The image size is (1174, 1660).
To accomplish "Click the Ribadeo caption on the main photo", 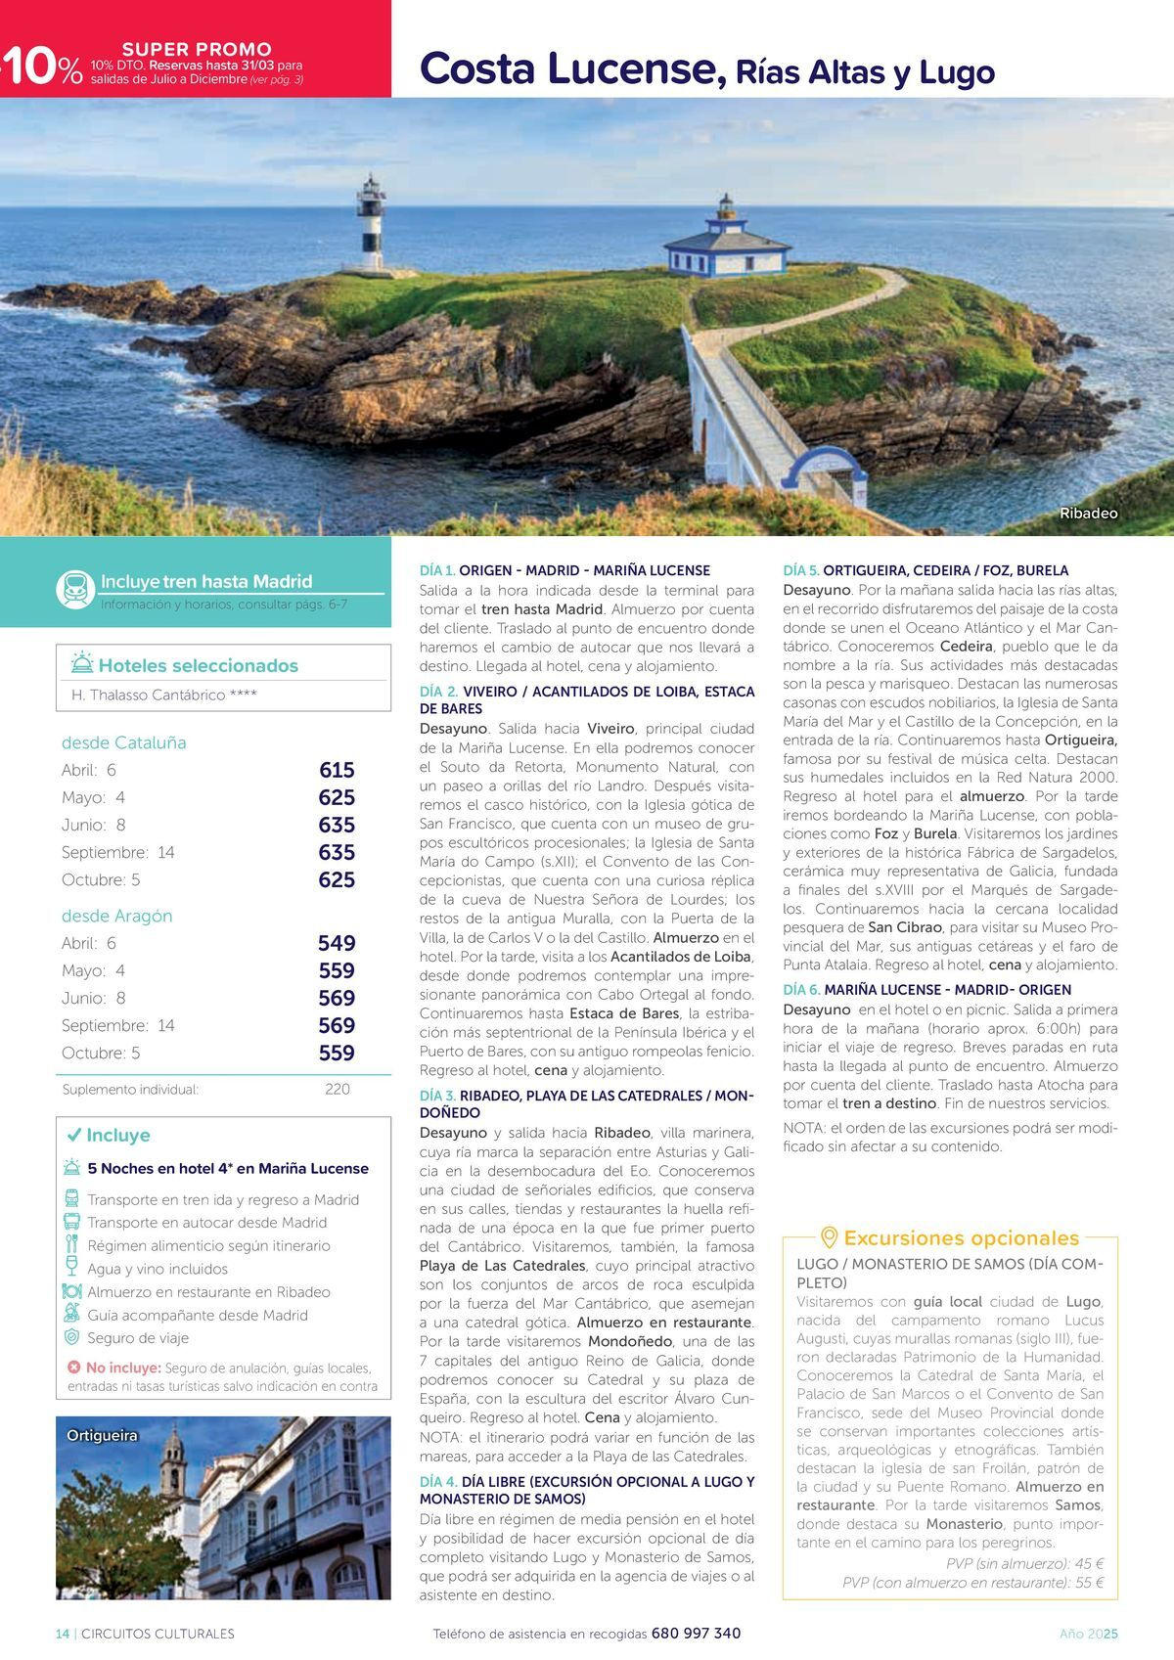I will coord(1088,514).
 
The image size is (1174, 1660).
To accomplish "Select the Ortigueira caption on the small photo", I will coord(102,1435).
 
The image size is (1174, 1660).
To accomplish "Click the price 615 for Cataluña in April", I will coord(337,770).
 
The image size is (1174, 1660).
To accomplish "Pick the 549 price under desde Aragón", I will coord(337,943).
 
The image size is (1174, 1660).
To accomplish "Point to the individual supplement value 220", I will coord(337,1089).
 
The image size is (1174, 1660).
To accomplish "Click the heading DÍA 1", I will coord(437,570).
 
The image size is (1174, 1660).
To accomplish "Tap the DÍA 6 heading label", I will coord(801,990).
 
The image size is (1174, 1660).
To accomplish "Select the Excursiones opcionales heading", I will coord(960,1237).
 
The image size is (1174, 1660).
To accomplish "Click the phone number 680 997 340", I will coord(696,1634).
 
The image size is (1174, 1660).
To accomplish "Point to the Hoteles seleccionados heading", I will coord(198,666).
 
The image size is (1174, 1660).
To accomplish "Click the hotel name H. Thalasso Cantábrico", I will coord(164,695).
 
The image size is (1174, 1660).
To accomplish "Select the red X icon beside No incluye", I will coord(73,1368).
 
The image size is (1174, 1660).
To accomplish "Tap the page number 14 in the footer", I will coord(63,1634).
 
